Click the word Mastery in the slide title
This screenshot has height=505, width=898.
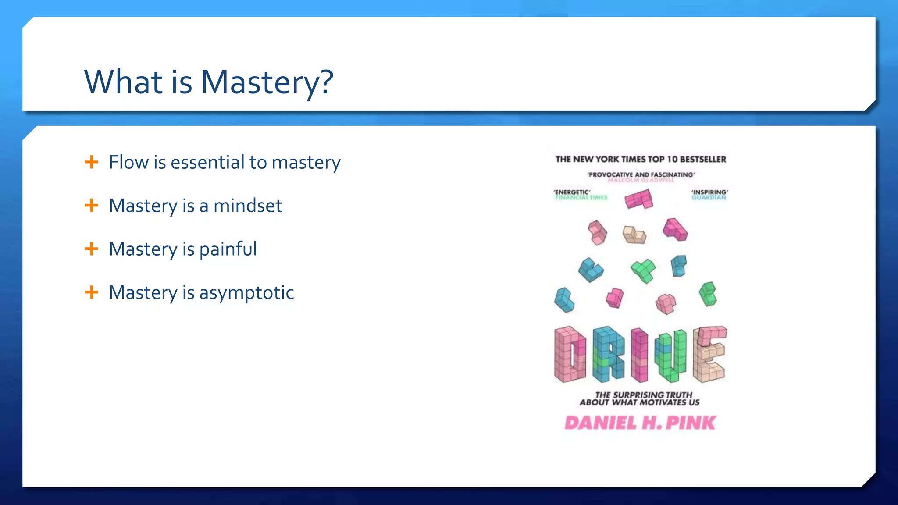(x=259, y=82)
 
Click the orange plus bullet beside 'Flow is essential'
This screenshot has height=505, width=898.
(x=91, y=162)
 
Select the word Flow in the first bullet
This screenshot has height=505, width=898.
(x=128, y=162)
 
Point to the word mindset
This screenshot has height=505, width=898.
(x=248, y=206)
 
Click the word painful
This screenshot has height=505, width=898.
(x=228, y=249)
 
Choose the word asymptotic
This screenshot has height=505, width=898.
(x=246, y=293)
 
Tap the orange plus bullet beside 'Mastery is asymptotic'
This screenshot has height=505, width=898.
(x=91, y=292)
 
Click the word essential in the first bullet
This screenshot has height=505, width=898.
(x=207, y=162)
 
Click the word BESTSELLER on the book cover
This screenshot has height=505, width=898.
(x=703, y=160)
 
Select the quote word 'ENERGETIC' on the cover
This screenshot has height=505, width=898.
(x=572, y=192)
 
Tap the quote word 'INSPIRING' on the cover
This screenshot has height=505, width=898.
(x=709, y=192)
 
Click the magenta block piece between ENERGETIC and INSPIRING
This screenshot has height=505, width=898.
(x=639, y=199)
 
